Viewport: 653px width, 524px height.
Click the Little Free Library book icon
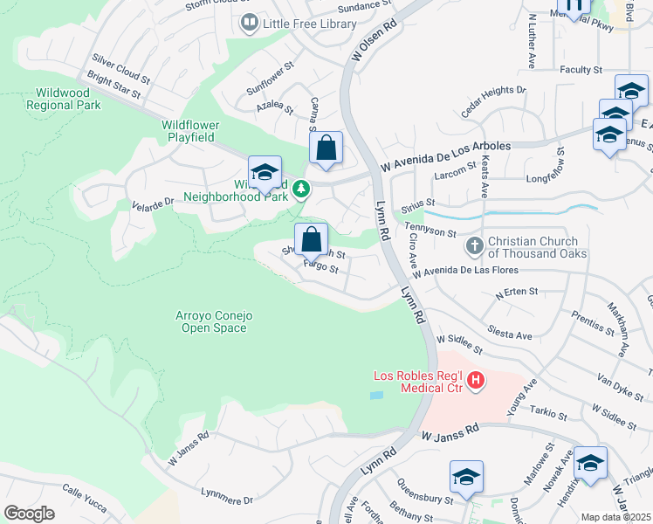[250, 24]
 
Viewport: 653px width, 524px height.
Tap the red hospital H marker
[476, 380]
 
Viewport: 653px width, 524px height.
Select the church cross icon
[474, 247]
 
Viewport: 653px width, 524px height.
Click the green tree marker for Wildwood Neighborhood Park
[300, 189]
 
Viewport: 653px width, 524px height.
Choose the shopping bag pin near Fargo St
[311, 239]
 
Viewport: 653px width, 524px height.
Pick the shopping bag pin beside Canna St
[326, 148]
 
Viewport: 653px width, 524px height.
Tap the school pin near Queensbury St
[466, 478]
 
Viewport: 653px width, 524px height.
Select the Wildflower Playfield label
[190, 125]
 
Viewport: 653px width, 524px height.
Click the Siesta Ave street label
[512, 334]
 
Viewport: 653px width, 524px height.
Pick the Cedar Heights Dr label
[493, 99]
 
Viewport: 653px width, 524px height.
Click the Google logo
[29, 514]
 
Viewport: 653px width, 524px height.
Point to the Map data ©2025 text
[615, 517]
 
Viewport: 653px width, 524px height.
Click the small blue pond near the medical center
[375, 396]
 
